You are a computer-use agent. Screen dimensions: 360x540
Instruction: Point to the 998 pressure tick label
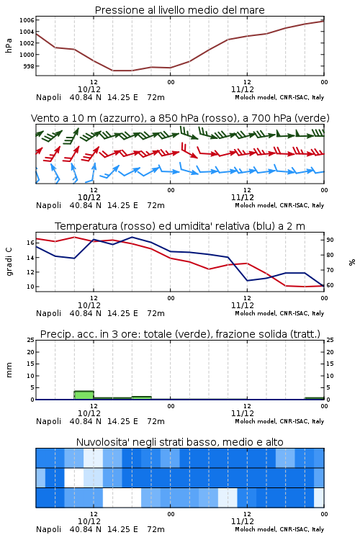pyautogui.click(x=29, y=66)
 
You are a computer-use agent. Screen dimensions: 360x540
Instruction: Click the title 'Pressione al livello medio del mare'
pyautogui.click(x=180, y=10)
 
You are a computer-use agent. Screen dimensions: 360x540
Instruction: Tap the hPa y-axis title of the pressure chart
pyautogui.click(x=9, y=45)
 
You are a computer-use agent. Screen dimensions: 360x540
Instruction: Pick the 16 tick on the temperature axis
pyautogui.click(x=31, y=243)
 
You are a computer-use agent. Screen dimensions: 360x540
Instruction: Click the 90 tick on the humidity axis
pyautogui.click(x=330, y=240)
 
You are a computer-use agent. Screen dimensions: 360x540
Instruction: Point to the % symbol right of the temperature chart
pyautogui.click(x=352, y=262)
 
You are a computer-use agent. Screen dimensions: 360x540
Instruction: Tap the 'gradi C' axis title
pyautogui.click(x=9, y=261)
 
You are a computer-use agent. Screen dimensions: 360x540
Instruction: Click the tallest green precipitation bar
pyautogui.click(x=84, y=395)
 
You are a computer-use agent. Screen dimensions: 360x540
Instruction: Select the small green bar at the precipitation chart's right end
pyautogui.click(x=314, y=398)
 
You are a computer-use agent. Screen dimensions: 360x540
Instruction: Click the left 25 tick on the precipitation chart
pyautogui.click(x=31, y=340)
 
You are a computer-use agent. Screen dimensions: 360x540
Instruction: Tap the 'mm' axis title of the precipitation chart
pyautogui.click(x=9, y=370)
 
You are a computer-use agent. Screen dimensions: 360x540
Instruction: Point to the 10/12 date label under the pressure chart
pyautogui.click(x=89, y=89)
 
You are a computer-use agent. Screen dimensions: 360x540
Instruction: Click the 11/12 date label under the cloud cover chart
pyautogui.click(x=243, y=521)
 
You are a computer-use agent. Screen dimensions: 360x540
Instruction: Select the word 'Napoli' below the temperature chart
pyautogui.click(x=48, y=313)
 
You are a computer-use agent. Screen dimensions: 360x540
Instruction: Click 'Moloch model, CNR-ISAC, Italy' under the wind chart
pyautogui.click(x=279, y=205)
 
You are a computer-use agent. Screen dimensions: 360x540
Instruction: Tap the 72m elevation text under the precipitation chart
pyautogui.click(x=156, y=421)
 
